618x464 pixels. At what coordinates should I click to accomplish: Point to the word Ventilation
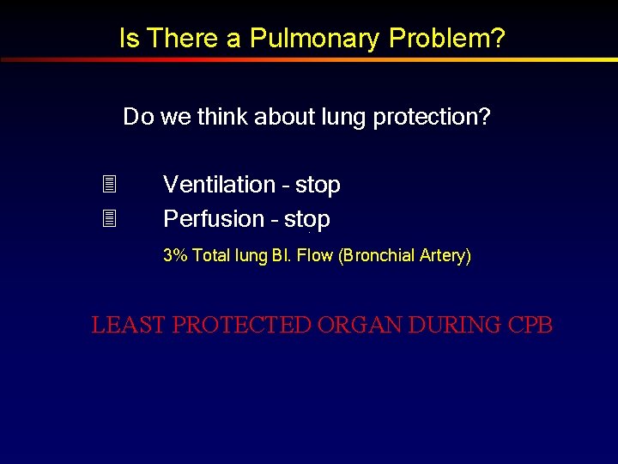pos(219,185)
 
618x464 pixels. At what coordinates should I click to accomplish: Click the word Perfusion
pos(214,219)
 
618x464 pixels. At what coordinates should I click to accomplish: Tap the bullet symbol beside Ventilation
pos(108,185)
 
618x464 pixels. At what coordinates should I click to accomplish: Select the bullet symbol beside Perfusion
pos(108,219)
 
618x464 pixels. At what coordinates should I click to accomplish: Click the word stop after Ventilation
pos(318,186)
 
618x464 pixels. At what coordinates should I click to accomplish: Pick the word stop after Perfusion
pos(307,220)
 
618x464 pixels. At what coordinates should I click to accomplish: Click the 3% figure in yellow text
pos(175,255)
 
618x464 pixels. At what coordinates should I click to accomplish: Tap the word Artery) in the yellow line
pos(445,255)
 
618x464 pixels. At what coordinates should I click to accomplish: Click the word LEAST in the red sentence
pos(129,326)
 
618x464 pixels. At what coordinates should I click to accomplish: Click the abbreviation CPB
pos(530,326)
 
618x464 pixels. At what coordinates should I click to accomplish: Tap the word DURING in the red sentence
pos(454,326)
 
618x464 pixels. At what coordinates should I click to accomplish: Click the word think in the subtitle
pos(222,117)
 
